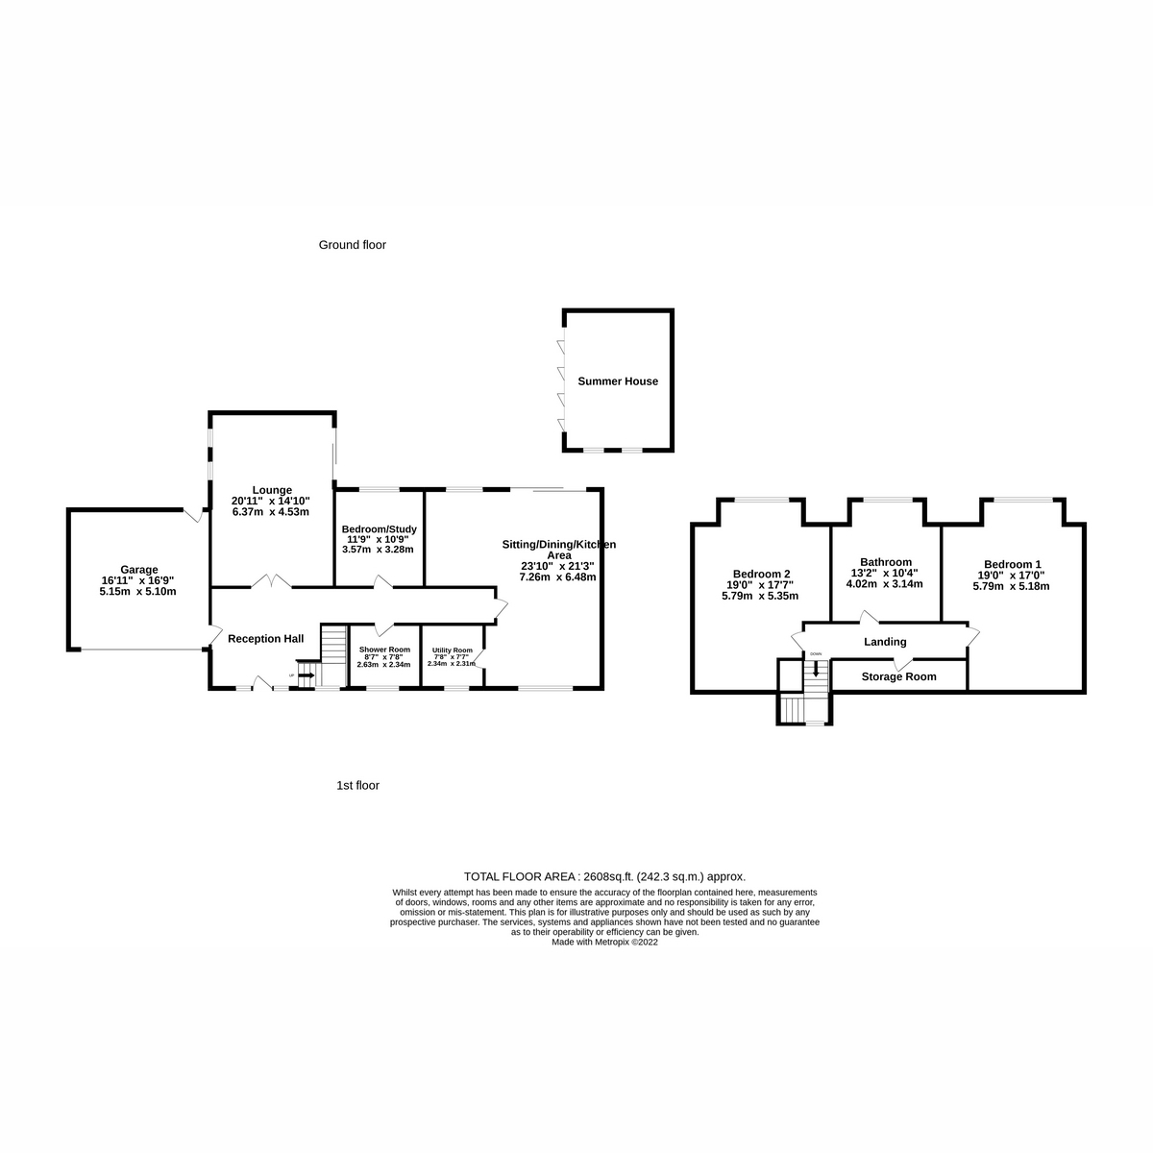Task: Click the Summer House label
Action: pos(618,381)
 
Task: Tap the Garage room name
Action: pos(139,569)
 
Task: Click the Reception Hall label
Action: pos(265,638)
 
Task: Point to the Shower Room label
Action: pos(384,650)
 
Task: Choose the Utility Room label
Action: pos(452,650)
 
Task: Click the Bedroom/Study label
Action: pos(379,529)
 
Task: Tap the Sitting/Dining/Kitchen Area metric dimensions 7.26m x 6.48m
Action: pos(558,577)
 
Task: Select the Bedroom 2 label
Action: pos(760,574)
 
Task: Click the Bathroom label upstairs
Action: pos(886,562)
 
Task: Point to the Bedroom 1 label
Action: pos(1012,564)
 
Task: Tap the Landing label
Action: pos(885,642)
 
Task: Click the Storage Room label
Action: pos(898,676)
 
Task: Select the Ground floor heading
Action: pos(352,245)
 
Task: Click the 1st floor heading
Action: pos(357,785)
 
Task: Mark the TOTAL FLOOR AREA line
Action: pos(604,876)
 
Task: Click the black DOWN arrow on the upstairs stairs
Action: pos(816,669)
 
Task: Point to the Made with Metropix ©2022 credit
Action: pos(604,943)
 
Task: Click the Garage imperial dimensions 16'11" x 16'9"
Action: pos(139,580)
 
